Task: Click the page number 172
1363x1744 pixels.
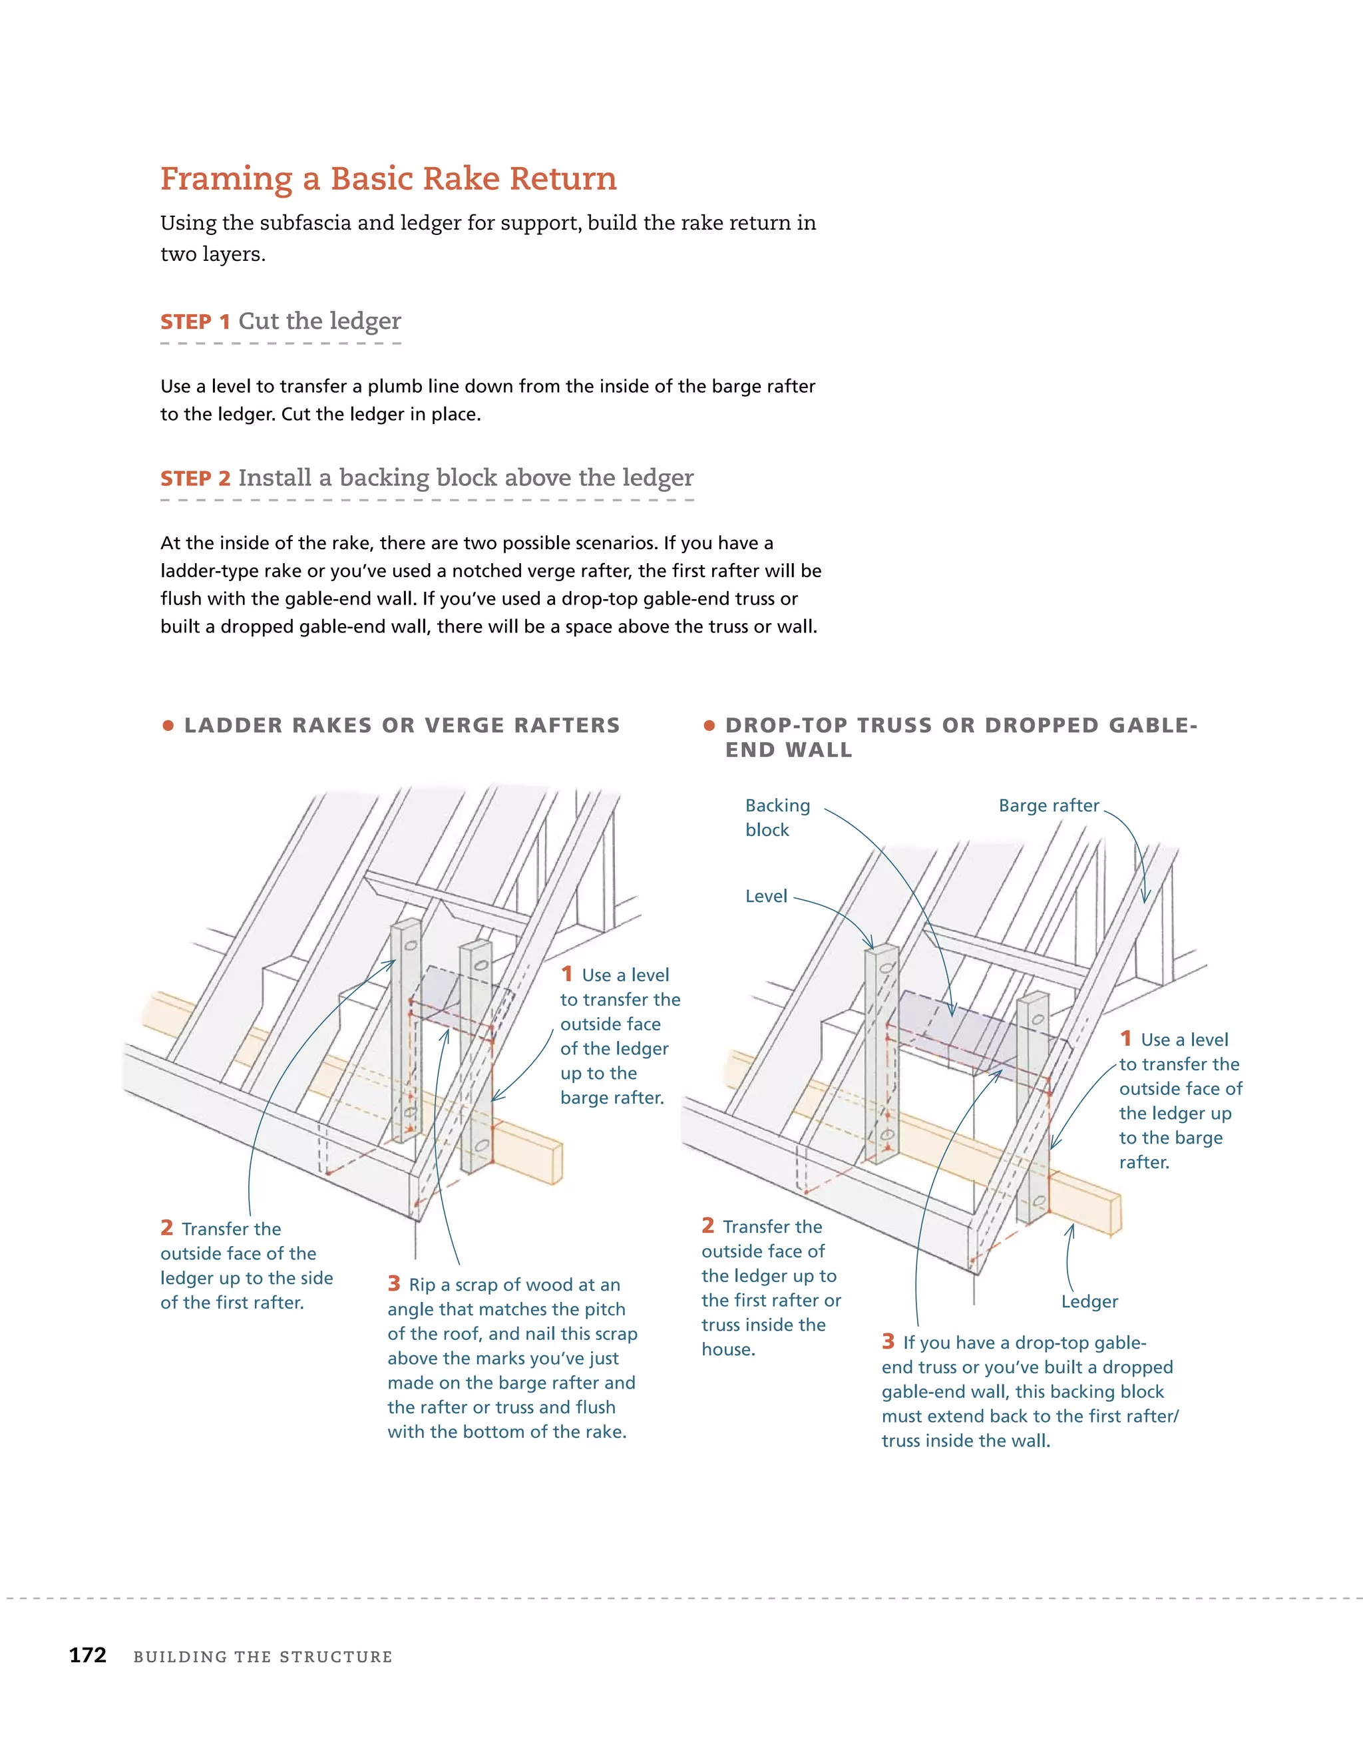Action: (88, 1655)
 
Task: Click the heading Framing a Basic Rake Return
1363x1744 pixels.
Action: (388, 179)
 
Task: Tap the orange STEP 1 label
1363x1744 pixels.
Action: (195, 322)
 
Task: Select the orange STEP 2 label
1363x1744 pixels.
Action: (195, 479)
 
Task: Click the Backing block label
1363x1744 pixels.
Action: (777, 817)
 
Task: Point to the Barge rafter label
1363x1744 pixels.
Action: (1048, 805)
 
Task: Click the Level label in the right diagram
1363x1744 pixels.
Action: (766, 896)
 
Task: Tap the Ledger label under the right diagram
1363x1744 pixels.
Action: (1089, 1301)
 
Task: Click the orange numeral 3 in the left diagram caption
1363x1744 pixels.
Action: (393, 1283)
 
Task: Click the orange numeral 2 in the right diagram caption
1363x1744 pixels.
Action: (707, 1225)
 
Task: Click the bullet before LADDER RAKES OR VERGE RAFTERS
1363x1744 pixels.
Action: (168, 725)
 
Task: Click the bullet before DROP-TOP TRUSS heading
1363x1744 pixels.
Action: (708, 725)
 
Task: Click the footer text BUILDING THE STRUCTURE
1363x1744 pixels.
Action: (263, 1657)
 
